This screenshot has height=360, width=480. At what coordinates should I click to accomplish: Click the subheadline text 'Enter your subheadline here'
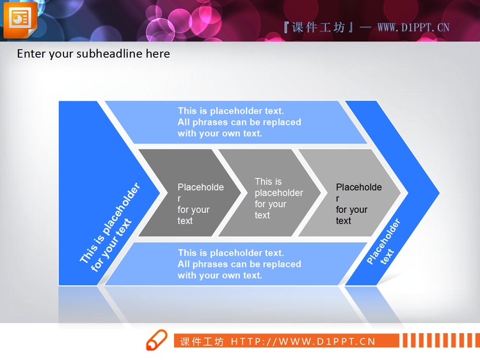click(93, 54)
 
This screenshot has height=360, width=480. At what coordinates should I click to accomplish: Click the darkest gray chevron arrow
click(186, 192)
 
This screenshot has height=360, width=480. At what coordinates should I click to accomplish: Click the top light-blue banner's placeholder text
click(239, 122)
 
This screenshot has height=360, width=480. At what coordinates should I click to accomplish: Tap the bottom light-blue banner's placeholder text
click(239, 264)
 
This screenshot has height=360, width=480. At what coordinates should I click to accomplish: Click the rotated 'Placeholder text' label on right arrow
click(384, 242)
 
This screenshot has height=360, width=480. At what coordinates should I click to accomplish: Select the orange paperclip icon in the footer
click(156, 341)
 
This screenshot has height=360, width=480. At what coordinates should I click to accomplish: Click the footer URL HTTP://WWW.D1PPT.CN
click(303, 341)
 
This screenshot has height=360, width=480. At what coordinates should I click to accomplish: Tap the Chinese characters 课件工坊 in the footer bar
click(202, 341)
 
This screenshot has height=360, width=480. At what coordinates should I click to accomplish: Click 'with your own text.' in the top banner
click(220, 134)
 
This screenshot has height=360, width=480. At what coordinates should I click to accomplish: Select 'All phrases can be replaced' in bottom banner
click(239, 264)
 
